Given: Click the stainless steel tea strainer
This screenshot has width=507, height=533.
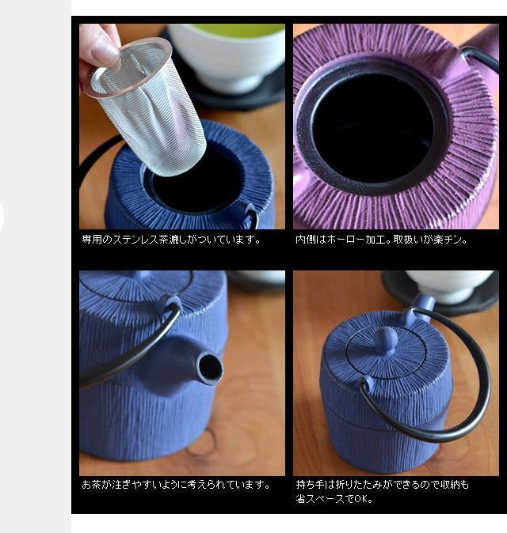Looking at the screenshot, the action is (147, 105).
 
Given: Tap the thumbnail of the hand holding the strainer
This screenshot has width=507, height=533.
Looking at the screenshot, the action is (182, 127).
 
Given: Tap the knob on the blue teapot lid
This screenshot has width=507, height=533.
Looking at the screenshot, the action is (386, 341).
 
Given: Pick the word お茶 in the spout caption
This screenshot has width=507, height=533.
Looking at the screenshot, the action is (92, 485).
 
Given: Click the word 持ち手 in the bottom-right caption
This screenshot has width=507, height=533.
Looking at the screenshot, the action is (311, 485).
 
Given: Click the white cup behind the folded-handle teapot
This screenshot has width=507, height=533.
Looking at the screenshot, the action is (449, 286).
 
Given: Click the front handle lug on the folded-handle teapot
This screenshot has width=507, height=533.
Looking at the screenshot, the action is (368, 382).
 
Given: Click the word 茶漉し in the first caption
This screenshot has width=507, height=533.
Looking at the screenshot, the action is (173, 240).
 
